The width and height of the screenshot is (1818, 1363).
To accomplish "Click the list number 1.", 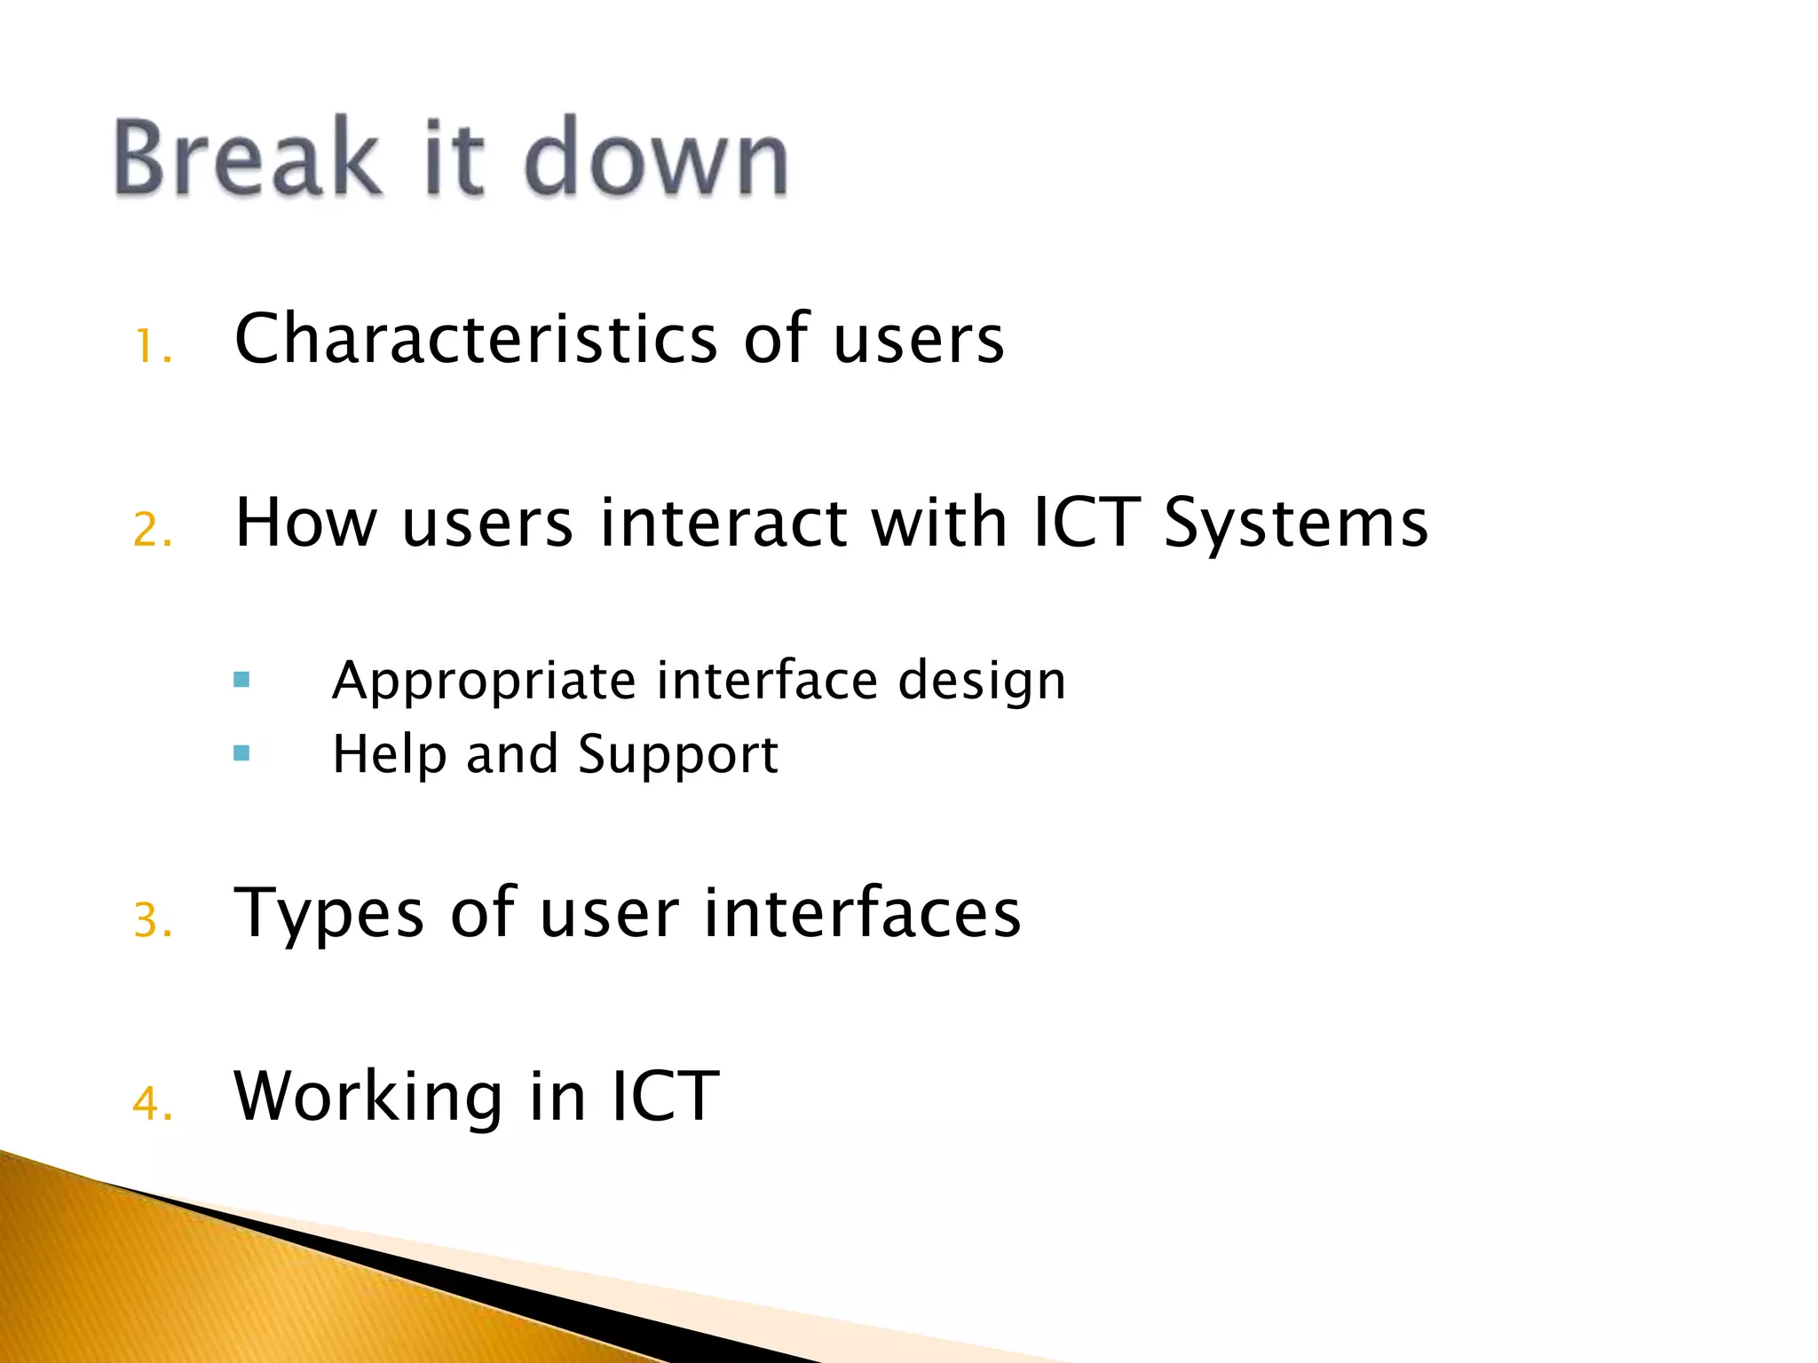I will click(x=151, y=346).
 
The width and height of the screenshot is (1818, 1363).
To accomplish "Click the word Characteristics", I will click(x=476, y=339).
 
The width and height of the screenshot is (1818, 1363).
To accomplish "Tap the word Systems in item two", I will click(x=1295, y=524).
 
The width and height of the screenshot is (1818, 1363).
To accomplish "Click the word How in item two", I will click(x=306, y=524).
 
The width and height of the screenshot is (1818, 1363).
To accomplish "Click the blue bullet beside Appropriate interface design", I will click(x=241, y=681).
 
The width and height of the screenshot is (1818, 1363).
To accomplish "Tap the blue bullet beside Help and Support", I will click(x=241, y=754).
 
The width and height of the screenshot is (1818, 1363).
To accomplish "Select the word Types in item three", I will click(x=328, y=914).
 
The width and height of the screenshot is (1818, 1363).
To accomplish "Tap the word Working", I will click(x=368, y=1098).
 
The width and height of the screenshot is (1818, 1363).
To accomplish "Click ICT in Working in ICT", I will click(x=665, y=1097).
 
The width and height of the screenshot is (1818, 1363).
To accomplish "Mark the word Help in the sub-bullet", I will click(x=389, y=755).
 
